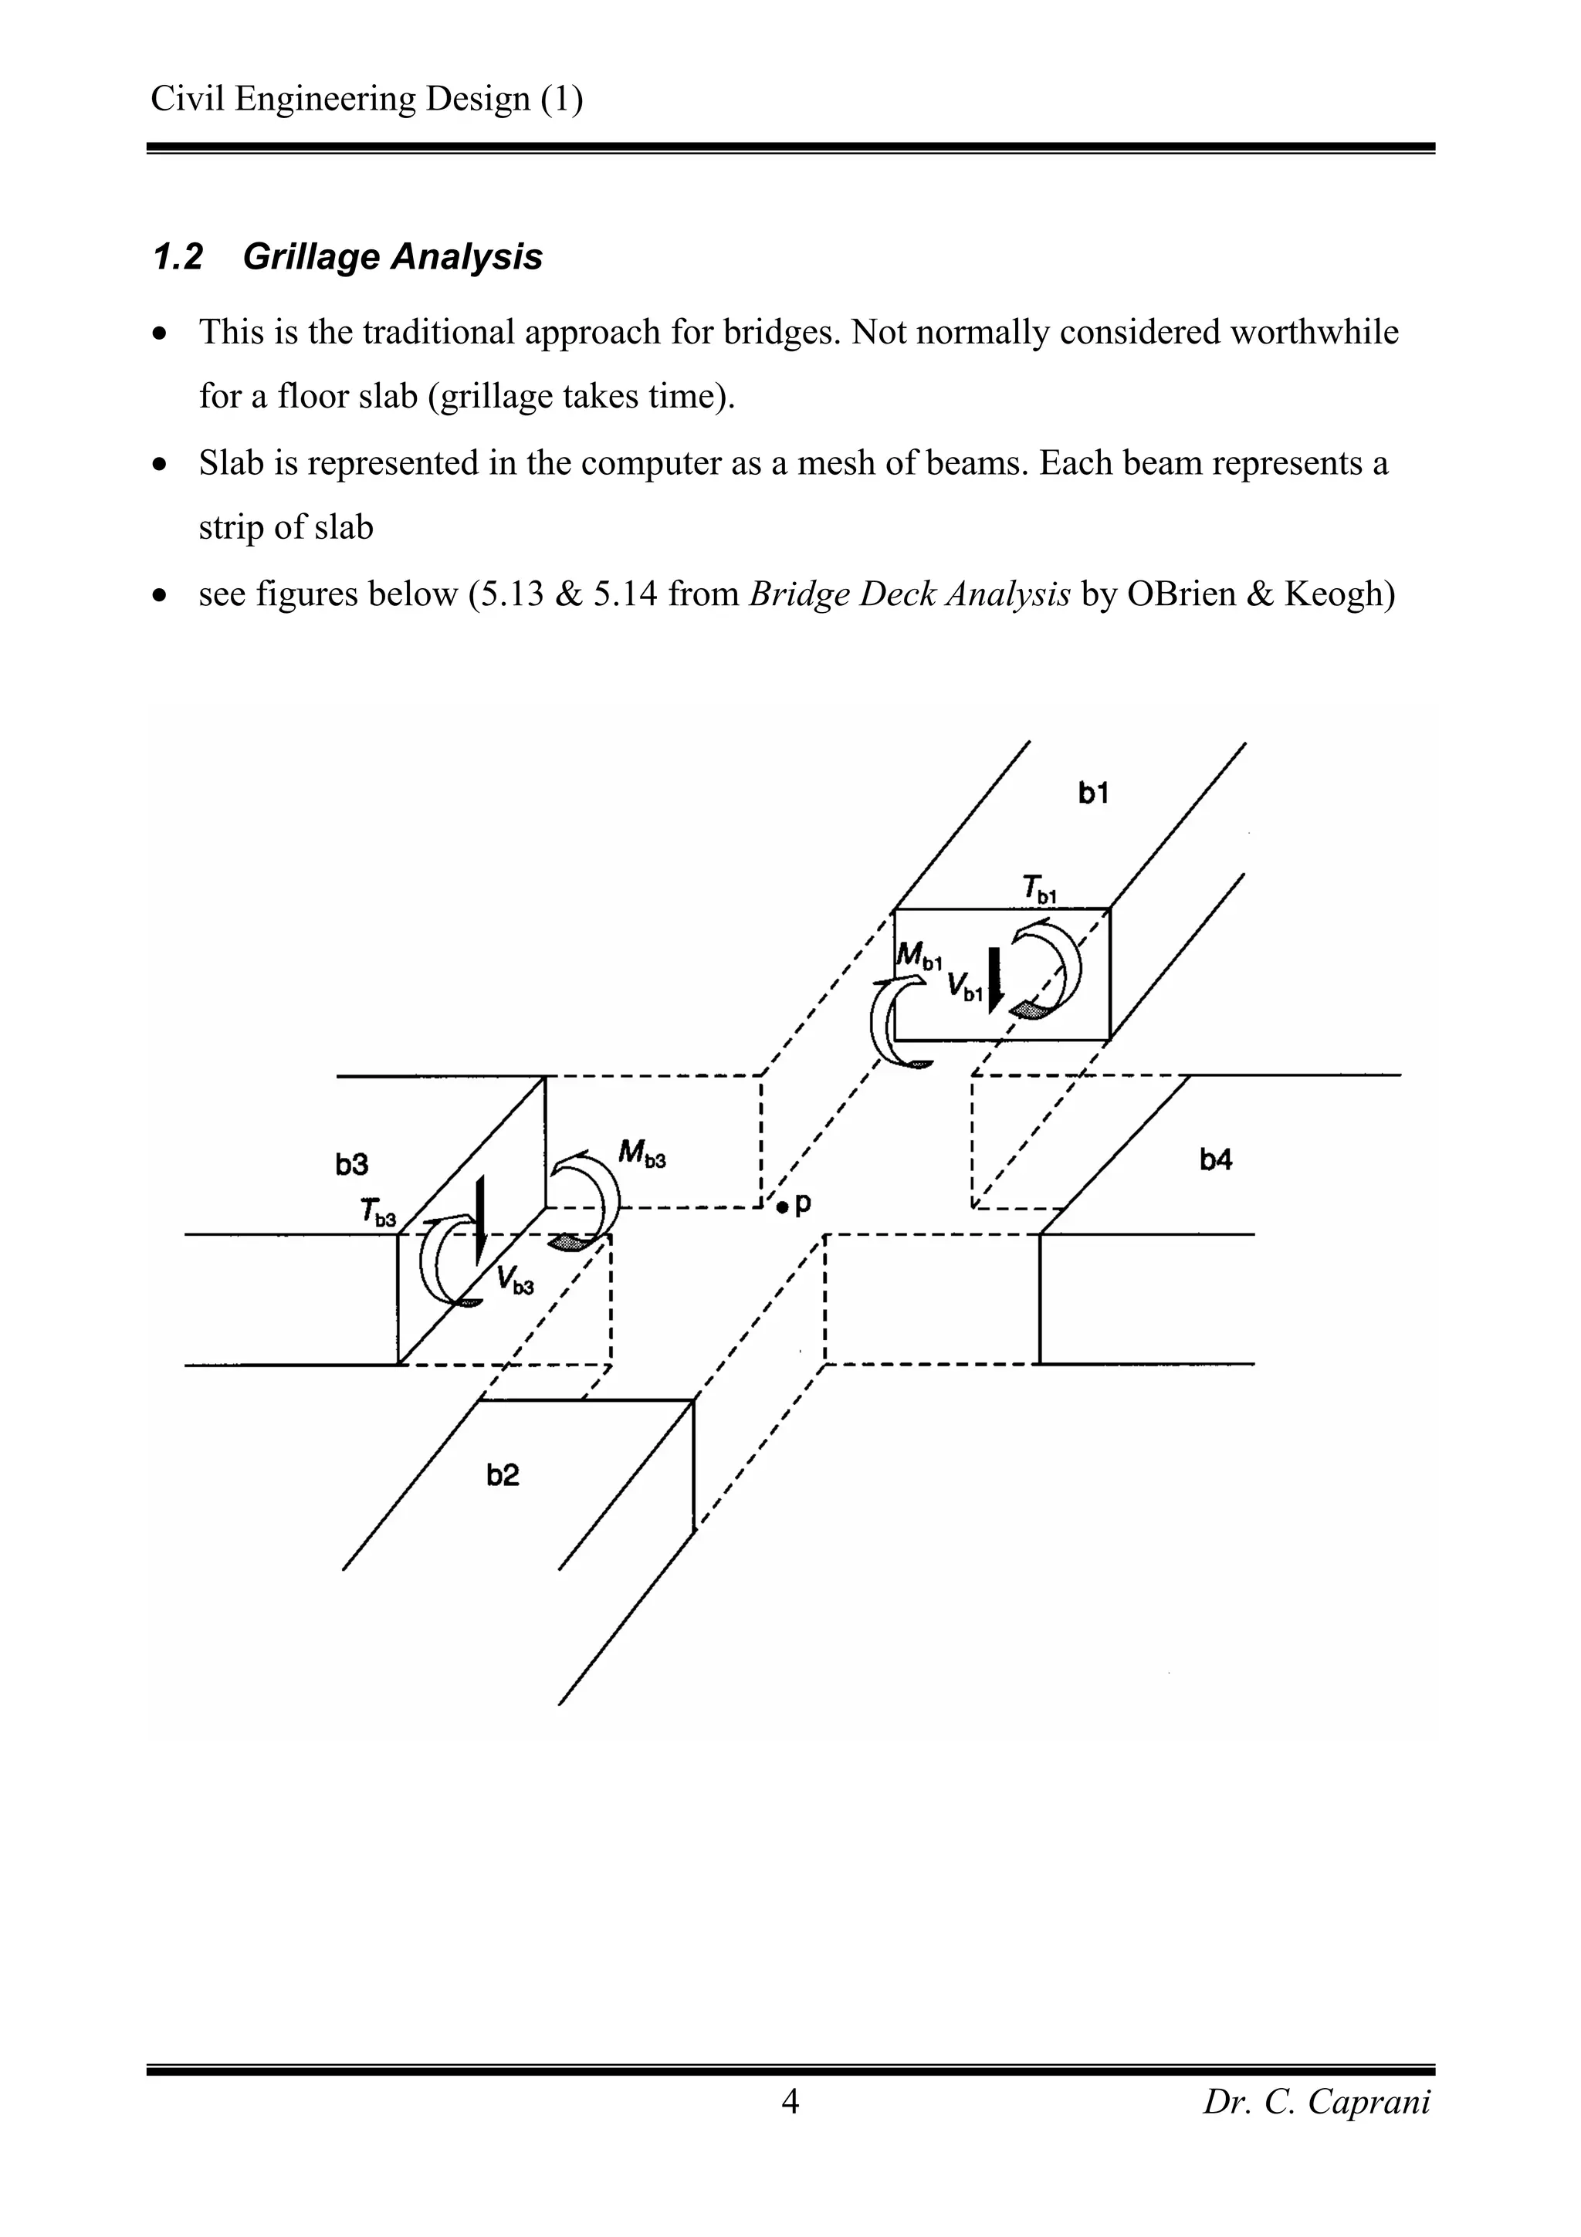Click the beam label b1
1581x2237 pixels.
click(x=1093, y=794)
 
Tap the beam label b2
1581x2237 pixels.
click(x=503, y=1475)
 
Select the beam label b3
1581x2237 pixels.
click(x=352, y=1164)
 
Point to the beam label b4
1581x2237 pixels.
click(x=1216, y=1159)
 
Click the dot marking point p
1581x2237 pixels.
click(x=781, y=1208)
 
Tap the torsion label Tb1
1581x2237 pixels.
click(x=1039, y=888)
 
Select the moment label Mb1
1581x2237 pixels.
click(x=919, y=955)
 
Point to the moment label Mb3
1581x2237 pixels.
click(x=642, y=1155)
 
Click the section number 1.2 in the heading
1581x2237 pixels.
click(x=178, y=257)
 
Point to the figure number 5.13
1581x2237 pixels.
click(x=506, y=594)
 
